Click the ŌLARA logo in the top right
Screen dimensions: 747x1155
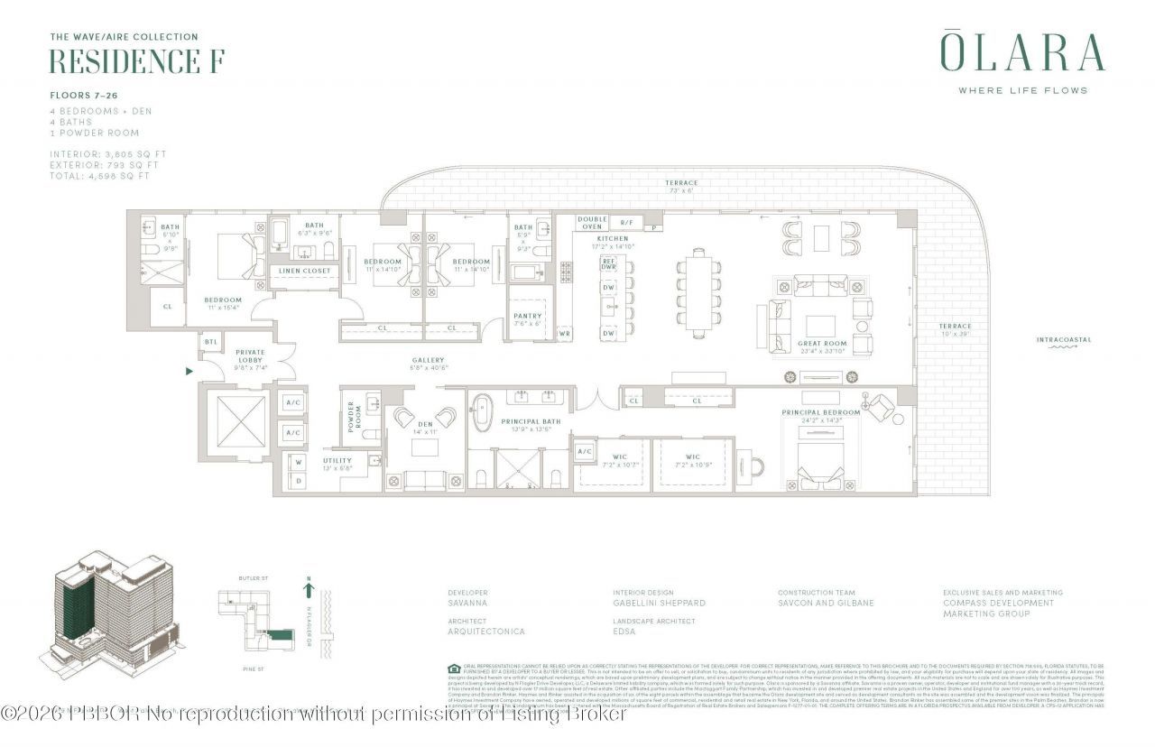coord(1022,52)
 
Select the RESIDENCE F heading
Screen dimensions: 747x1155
coord(136,61)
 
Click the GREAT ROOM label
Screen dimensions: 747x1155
coord(822,344)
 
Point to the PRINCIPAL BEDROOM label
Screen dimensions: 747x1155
coord(820,412)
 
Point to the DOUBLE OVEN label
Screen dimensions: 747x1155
coord(592,223)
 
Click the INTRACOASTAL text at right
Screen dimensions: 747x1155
coord(1064,340)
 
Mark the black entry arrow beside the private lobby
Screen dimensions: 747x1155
coord(189,370)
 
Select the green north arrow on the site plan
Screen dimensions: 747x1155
coord(310,591)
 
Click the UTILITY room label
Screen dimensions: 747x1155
coord(337,460)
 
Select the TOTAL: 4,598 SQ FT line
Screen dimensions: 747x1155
coord(99,176)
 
